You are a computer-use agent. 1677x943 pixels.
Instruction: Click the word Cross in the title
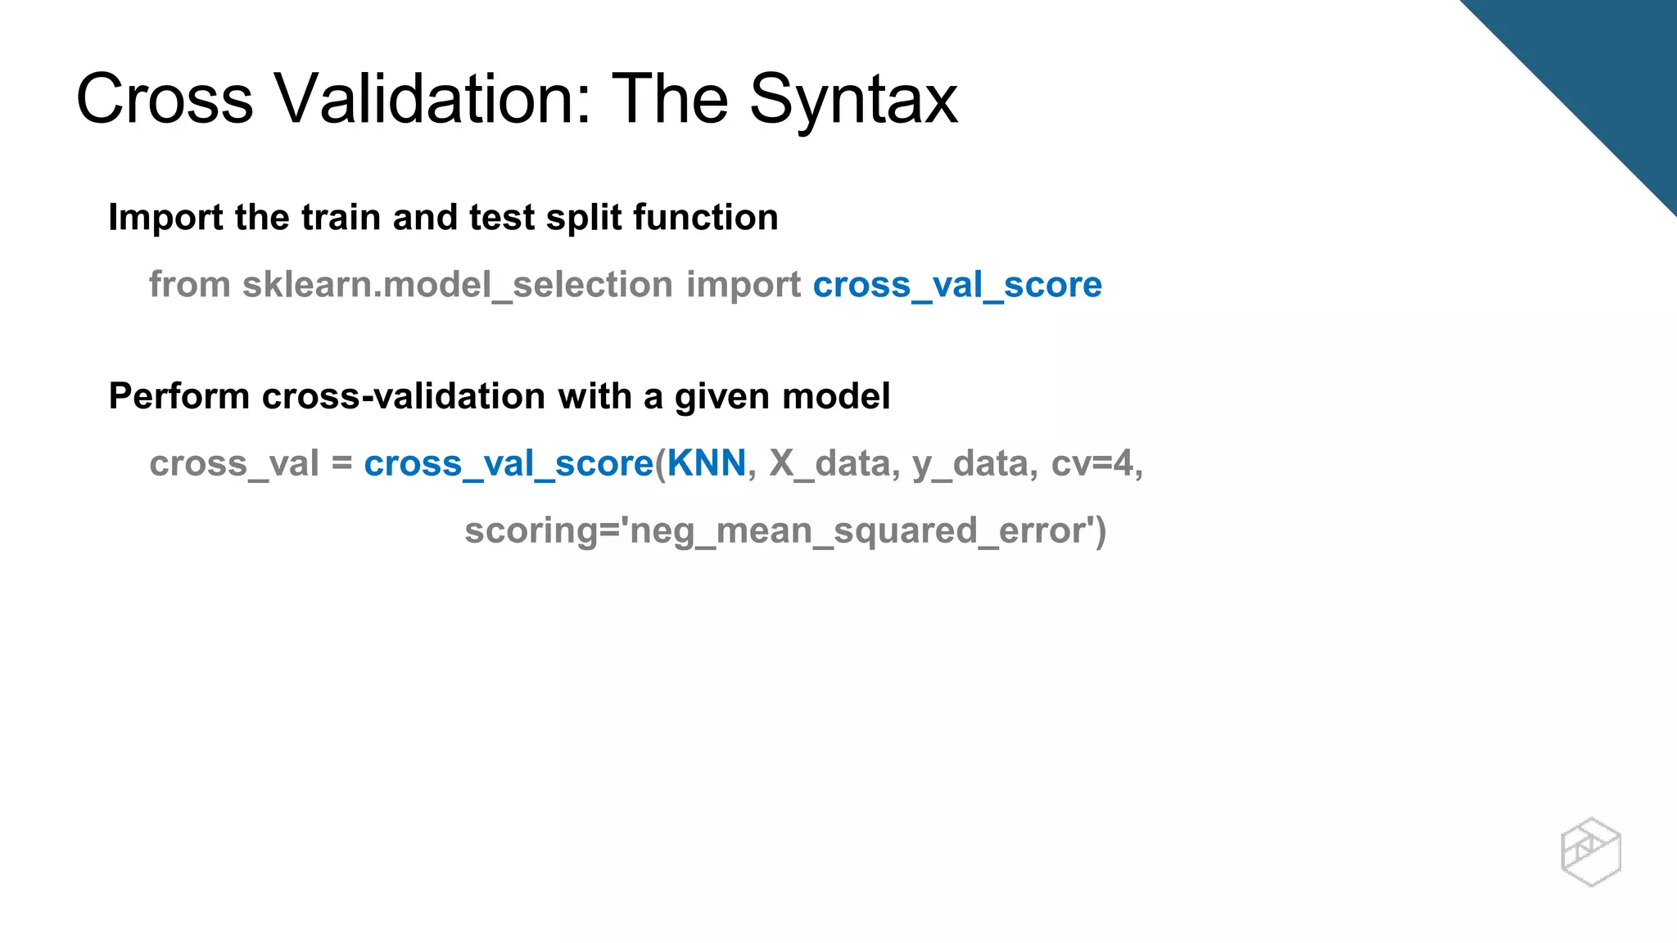(x=165, y=99)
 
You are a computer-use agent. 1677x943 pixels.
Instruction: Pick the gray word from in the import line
(x=189, y=285)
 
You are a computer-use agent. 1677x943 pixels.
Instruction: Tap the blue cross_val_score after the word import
(x=957, y=286)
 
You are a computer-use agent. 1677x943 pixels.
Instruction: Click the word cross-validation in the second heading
(x=403, y=396)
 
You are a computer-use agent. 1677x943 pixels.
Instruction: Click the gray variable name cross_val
(x=233, y=464)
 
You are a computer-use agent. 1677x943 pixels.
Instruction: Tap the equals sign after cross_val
(x=341, y=463)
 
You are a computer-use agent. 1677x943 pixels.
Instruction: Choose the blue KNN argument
(x=707, y=463)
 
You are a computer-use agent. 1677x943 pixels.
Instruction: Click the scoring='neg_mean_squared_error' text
(x=784, y=531)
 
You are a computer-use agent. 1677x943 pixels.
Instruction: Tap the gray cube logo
(x=1590, y=851)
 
